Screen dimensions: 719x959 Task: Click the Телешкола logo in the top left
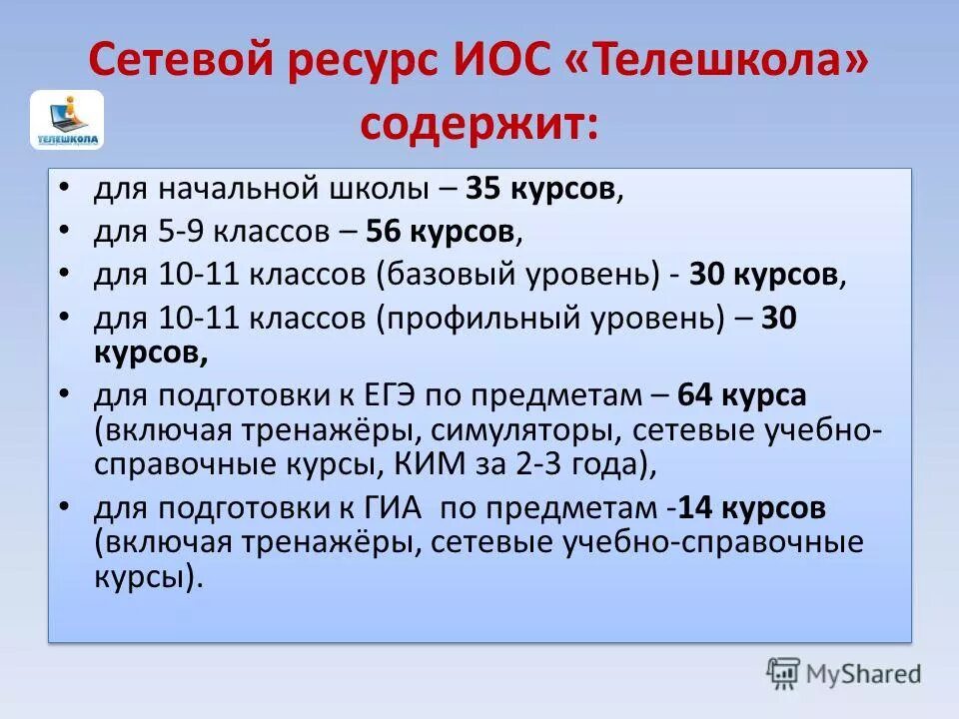point(67,120)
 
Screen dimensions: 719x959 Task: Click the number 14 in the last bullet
point(693,508)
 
